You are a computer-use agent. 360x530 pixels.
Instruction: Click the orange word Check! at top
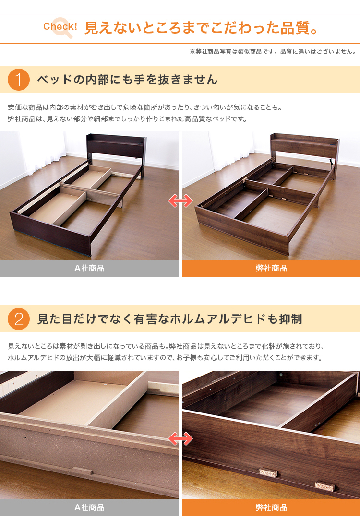(60, 26)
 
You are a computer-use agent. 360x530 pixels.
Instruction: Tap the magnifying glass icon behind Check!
(62, 27)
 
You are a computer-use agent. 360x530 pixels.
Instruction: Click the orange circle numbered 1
(19, 80)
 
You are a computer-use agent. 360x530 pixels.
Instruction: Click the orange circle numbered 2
(19, 319)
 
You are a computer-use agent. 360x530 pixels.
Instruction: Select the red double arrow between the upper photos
(180, 201)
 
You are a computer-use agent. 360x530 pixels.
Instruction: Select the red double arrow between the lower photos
(180, 439)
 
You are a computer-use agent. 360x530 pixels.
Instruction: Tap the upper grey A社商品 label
(89, 269)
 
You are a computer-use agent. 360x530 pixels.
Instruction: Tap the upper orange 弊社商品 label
(271, 269)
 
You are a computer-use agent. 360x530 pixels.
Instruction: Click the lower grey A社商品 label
(89, 507)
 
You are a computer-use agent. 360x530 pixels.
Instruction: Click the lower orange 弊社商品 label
(271, 507)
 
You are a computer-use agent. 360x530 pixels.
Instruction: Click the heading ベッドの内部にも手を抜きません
(127, 80)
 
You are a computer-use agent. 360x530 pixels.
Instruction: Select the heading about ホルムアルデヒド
(169, 319)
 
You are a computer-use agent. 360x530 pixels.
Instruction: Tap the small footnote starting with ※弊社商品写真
(273, 52)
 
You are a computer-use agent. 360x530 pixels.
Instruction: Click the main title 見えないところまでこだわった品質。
(201, 28)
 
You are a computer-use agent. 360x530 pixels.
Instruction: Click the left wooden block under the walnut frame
(268, 472)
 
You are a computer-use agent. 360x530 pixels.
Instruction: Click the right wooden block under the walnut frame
(324, 486)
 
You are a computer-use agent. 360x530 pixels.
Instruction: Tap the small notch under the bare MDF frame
(82, 471)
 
